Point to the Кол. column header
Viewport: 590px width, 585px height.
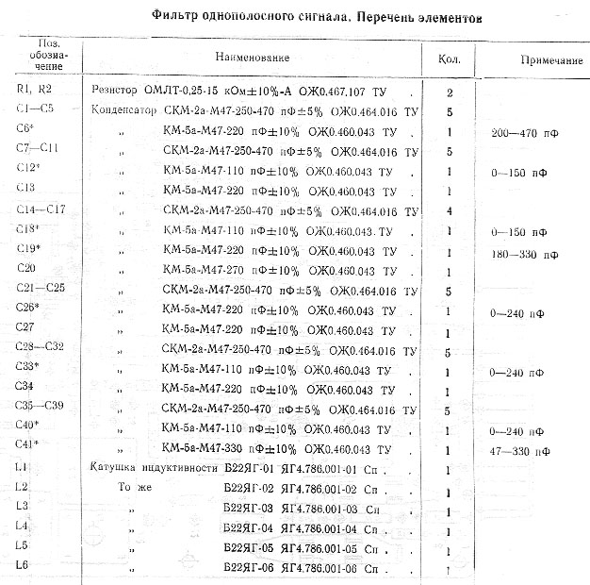(x=448, y=58)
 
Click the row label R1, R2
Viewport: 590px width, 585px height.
(x=33, y=92)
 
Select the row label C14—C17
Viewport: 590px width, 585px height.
(x=40, y=209)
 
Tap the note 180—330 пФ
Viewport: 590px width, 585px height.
(x=523, y=254)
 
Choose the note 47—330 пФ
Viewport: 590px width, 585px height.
(x=520, y=451)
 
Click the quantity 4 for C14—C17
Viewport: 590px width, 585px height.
(x=451, y=211)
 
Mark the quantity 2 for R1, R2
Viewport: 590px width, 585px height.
(x=451, y=92)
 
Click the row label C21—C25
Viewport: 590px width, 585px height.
(x=40, y=288)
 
